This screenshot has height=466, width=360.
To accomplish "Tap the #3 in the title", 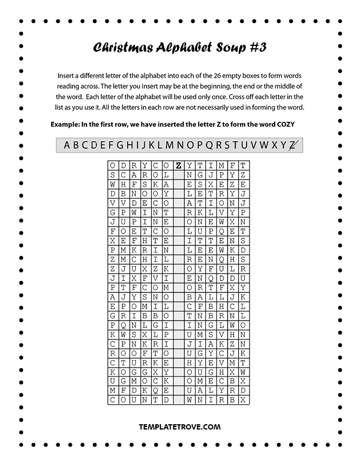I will pos(255,48).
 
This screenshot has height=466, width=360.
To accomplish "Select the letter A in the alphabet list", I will pos(67,145).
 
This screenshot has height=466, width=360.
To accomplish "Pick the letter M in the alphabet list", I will pos(169,145).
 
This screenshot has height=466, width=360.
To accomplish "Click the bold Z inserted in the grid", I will pos(178,166).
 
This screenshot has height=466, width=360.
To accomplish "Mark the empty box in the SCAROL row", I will pos(178,175).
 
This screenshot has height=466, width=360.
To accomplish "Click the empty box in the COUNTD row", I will pos(178,400).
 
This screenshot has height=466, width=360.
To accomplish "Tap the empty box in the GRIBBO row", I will pos(178,315).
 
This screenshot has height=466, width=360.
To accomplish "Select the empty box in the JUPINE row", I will pos(178,222).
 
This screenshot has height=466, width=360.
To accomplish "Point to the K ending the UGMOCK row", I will pos(166,381).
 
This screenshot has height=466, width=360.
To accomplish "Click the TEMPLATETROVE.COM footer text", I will pos(179,427).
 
